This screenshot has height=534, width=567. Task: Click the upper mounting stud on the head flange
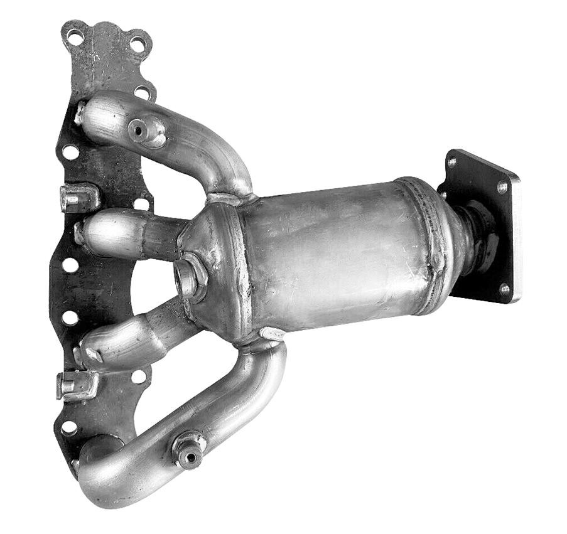click(x=75, y=198)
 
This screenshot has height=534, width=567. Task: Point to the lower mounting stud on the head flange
click(x=73, y=384)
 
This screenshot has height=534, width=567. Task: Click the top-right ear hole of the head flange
click(x=137, y=44)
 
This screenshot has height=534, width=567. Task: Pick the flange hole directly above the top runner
click(x=143, y=92)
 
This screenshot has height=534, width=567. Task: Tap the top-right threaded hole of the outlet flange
click(x=502, y=186)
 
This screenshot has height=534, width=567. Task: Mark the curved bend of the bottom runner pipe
click(x=107, y=480)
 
